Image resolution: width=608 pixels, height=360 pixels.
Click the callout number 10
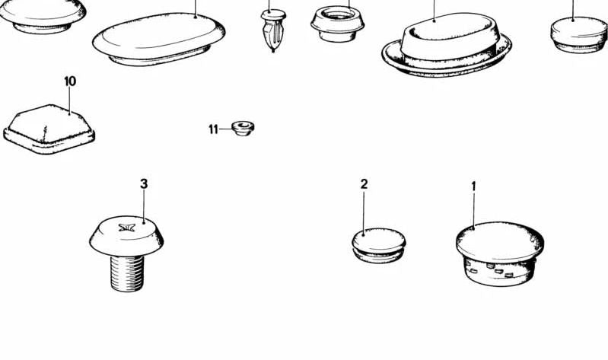(x=70, y=81)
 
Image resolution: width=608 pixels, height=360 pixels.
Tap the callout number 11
(x=213, y=129)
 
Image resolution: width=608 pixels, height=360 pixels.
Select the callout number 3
(x=144, y=183)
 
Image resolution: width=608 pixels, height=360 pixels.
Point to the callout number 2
(x=364, y=184)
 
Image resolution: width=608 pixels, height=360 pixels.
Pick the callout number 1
(x=473, y=186)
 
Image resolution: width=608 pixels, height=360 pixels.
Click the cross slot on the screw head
(x=127, y=228)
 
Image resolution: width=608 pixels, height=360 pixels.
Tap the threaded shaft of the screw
(x=127, y=272)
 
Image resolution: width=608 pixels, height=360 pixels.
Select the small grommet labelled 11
(x=243, y=129)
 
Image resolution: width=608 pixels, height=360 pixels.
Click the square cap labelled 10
(x=49, y=129)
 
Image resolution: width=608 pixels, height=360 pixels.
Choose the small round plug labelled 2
(x=379, y=245)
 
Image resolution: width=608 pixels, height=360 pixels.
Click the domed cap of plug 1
(x=500, y=241)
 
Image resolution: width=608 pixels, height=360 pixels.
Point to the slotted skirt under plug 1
(x=500, y=272)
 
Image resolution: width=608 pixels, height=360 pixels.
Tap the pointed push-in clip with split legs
(x=273, y=30)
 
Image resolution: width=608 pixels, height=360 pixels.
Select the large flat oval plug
(x=158, y=39)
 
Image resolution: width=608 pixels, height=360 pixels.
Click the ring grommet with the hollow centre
(x=337, y=24)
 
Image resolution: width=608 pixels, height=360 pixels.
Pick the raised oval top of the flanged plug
(x=450, y=37)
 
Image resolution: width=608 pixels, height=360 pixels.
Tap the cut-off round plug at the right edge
(x=579, y=35)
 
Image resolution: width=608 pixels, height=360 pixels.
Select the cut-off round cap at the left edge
(x=42, y=15)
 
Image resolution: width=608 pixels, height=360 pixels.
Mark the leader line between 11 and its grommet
(x=225, y=129)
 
